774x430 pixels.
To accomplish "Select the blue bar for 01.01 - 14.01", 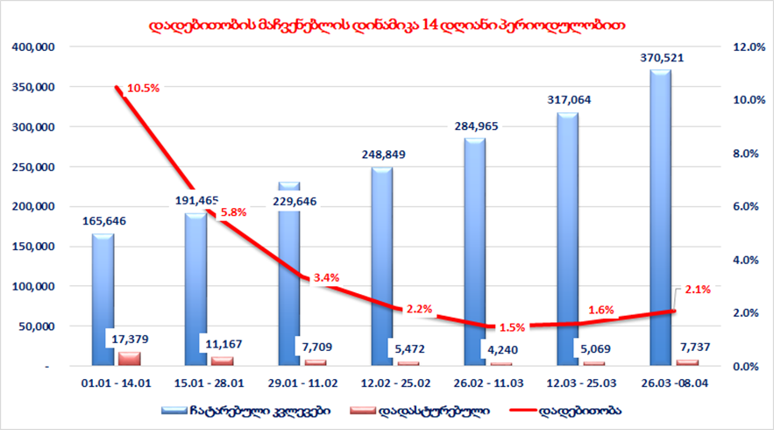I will [x=103, y=298].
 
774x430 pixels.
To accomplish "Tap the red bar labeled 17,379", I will [x=129, y=358].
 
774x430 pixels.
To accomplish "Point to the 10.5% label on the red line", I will [x=143, y=89].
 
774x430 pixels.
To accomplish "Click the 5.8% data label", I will [x=232, y=212].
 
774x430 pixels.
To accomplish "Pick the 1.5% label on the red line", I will [x=512, y=327].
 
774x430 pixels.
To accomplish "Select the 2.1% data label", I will [x=699, y=289].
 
